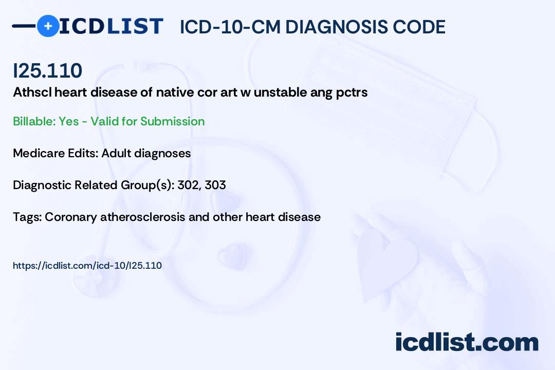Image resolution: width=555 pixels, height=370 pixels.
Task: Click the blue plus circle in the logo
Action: tap(48, 26)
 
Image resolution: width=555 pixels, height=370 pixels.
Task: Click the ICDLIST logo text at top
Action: tap(112, 26)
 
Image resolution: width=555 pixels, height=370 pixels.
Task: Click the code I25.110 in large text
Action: tap(47, 71)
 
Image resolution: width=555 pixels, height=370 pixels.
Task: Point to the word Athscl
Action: tap(29, 93)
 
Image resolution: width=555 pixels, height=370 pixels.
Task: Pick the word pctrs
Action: tap(352, 93)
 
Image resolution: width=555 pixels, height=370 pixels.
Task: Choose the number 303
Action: tap(215, 185)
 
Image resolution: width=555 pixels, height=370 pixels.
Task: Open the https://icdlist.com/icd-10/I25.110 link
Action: tap(87, 266)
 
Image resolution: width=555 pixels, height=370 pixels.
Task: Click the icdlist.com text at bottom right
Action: tap(467, 342)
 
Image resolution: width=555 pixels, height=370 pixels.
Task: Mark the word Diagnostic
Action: tap(42, 185)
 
